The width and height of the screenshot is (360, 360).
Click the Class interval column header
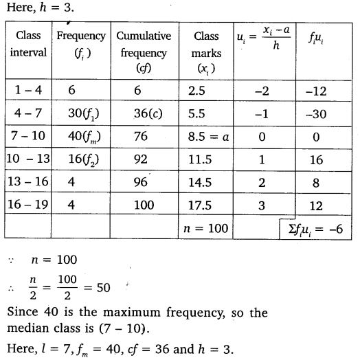coord(28,44)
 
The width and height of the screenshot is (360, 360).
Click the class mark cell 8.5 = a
coord(210,136)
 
